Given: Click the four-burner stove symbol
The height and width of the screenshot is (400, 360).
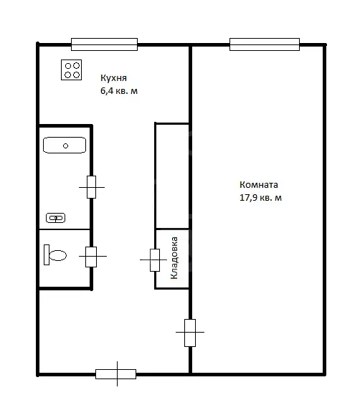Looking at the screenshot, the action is coord(71,70).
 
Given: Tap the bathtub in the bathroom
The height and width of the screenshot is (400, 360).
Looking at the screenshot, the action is coord(65,145).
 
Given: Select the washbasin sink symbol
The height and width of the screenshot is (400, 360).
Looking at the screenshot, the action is coord(56,218).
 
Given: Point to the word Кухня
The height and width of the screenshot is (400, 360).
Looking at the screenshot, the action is coord(113,78).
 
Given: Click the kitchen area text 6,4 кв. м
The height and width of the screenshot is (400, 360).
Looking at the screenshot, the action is coord(119,91).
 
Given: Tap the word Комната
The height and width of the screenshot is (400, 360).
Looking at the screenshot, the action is coord(259,185).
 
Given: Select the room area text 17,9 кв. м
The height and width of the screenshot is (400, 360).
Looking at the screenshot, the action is coord(260,198).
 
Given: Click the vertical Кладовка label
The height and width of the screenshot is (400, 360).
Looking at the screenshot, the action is coord(174,258).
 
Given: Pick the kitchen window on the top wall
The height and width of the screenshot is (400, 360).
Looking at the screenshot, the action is coord(105,44).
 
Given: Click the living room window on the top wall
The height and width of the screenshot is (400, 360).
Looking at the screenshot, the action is coord(265,44).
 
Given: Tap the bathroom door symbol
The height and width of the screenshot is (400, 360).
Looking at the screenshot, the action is coord(92,187).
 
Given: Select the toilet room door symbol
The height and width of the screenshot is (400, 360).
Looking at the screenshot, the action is coord(91,257).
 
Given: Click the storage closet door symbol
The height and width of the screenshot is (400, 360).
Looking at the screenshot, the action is coord(155,260).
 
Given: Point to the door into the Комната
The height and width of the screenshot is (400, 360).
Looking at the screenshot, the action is coord(190,333).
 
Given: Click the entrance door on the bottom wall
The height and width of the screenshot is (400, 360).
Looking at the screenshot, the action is coord(116,374).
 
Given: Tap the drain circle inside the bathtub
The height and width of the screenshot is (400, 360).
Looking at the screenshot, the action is coord(65,146).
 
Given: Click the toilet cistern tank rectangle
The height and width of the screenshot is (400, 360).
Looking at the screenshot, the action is coord(47,255).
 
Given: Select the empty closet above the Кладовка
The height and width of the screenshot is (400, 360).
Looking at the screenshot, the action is coord(172,176).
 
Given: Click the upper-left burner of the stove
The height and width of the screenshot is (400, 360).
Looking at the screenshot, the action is coord(68,66).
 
